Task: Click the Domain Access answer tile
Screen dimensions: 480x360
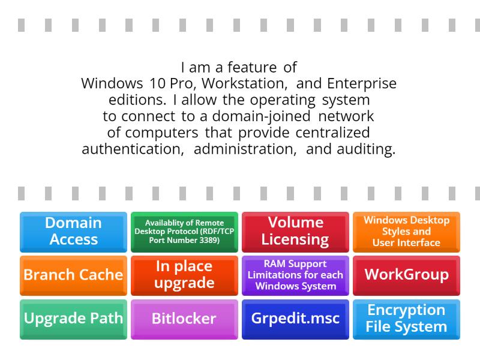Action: [73, 232]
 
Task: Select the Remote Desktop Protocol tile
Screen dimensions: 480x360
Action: [184, 232]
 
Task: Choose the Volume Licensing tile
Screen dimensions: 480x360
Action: [295, 232]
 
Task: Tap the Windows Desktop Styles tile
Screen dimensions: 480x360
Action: [407, 232]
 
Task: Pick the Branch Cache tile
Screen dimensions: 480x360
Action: [73, 275]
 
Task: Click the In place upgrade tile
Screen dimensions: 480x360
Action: [184, 275]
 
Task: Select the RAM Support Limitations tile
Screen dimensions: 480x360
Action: [295, 275]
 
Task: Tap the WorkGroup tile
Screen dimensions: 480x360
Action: [407, 275]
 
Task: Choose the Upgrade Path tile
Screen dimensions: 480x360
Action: [73, 319]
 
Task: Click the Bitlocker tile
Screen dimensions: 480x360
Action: [184, 319]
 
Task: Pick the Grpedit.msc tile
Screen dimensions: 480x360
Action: [295, 319]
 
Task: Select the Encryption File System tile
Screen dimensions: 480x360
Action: [407, 319]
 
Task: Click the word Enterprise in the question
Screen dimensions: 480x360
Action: [362, 84]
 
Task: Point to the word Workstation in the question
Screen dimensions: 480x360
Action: [245, 83]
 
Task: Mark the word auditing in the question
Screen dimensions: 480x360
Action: [366, 149]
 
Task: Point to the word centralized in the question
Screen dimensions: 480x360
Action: [333, 133]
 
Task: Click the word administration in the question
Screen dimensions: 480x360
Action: [245, 149]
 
